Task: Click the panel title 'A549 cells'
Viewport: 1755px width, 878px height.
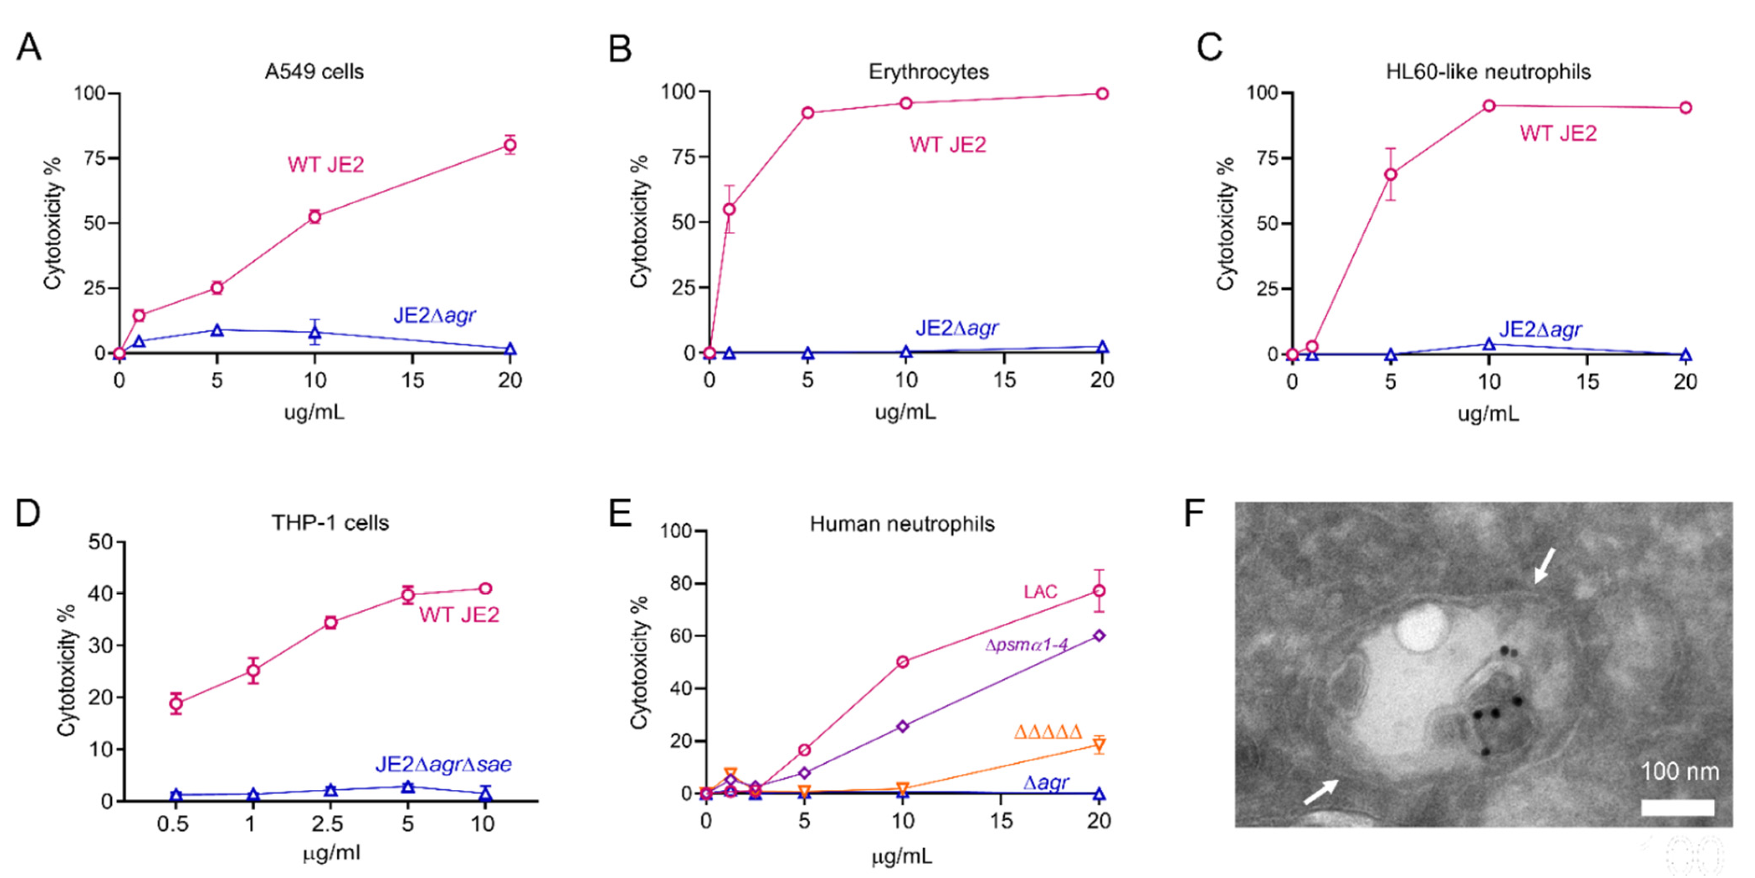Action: click(x=314, y=72)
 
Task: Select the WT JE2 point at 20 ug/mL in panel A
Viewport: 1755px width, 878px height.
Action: click(x=510, y=144)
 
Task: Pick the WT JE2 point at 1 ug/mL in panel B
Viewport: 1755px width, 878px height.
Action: click(x=729, y=209)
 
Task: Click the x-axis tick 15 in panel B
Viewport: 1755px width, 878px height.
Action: click(x=1004, y=380)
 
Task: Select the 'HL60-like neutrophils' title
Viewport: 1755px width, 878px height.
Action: click(x=1488, y=72)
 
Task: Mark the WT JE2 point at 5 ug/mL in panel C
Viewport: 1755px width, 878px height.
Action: click(x=1391, y=174)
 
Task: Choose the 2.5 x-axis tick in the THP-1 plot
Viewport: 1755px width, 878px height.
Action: click(x=328, y=824)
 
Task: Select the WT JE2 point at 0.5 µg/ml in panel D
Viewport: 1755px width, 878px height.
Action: click(x=176, y=704)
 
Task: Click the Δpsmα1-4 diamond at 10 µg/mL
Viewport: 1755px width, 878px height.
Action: click(x=903, y=726)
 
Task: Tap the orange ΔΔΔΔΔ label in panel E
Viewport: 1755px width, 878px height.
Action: click(x=1048, y=733)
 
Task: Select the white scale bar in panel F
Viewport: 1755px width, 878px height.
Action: click(x=1677, y=807)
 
